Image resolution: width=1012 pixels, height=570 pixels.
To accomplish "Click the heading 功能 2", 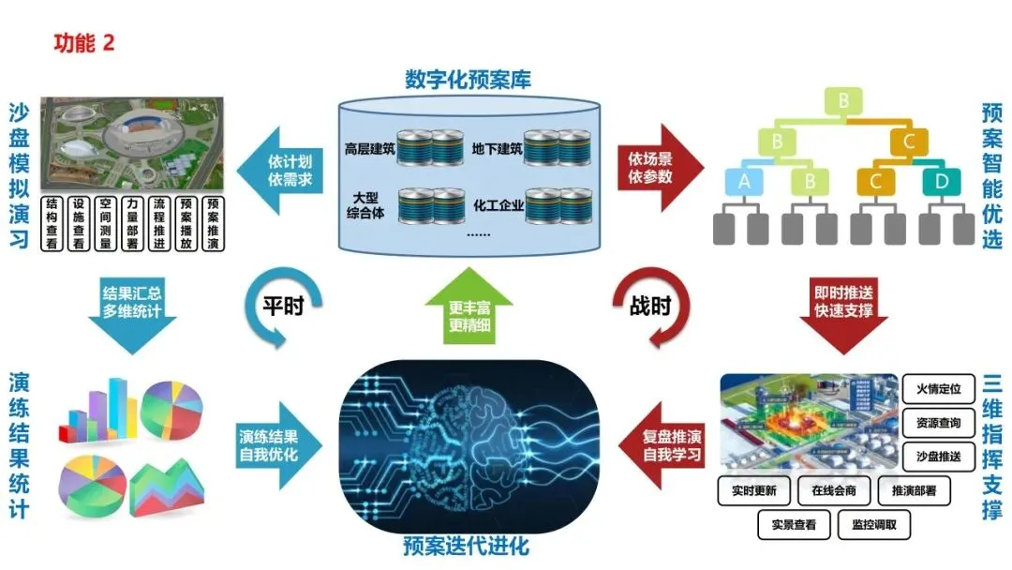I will tap(83, 44).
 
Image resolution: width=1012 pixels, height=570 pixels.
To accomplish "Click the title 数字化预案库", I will tap(468, 80).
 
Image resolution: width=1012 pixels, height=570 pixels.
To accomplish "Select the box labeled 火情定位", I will tap(937, 388).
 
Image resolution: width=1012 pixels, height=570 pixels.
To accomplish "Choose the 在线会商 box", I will tap(835, 489).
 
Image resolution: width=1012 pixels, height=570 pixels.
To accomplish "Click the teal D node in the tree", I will tap(941, 181).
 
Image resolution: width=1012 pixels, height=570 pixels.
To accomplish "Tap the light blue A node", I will tap(745, 181).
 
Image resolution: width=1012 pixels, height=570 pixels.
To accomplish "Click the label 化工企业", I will tap(496, 203).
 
